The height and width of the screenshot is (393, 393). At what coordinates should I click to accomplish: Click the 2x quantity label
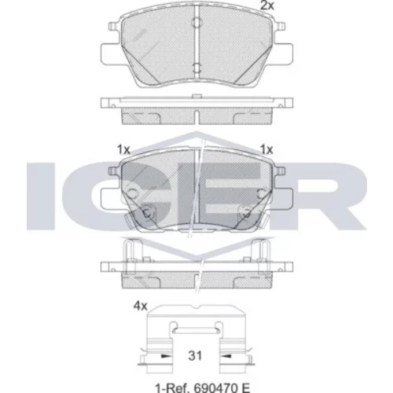point(267,6)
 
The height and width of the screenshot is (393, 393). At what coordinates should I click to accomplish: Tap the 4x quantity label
point(141,306)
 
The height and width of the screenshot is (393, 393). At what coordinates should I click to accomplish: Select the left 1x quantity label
point(123,150)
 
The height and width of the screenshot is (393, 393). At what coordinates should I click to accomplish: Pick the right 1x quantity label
point(266,150)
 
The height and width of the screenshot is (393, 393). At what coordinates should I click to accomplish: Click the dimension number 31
point(196,355)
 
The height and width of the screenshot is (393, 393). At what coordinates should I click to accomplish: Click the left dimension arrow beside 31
point(165,356)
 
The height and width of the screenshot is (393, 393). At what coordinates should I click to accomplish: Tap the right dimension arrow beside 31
point(226,356)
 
